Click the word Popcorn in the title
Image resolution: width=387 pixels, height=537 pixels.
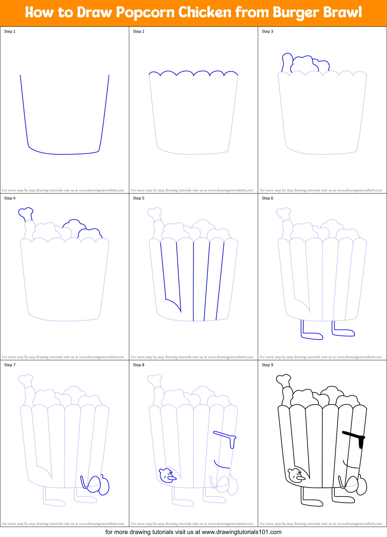click(x=146, y=13)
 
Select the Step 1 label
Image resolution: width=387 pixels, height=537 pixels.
click(x=10, y=31)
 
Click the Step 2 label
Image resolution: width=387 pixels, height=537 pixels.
click(x=139, y=31)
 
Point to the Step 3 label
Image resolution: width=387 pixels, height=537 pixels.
click(x=267, y=31)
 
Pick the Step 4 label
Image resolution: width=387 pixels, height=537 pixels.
click(x=10, y=198)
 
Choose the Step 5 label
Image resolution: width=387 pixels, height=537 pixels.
click(x=139, y=198)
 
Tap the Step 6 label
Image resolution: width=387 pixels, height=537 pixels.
click(x=267, y=198)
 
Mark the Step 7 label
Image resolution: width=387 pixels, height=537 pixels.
click(x=10, y=365)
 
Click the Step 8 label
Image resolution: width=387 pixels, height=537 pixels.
click(x=139, y=365)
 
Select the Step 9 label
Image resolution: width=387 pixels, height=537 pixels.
click(x=267, y=365)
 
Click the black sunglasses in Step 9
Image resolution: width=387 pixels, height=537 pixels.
click(x=355, y=436)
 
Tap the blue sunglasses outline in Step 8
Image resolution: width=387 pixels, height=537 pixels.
click(x=226, y=436)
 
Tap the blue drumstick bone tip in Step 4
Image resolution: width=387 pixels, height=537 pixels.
click(x=26, y=212)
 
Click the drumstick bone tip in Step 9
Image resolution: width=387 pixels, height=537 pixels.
click(x=283, y=379)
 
